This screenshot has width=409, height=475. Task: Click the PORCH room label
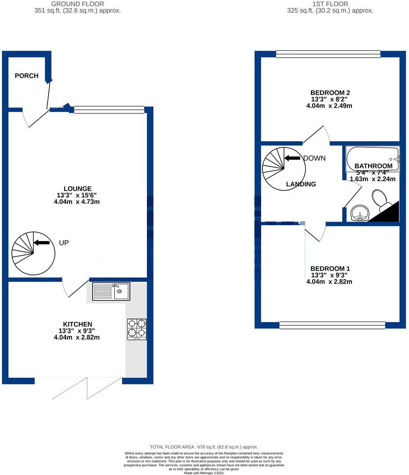tap(26, 76)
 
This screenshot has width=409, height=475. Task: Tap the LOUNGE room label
tap(77, 189)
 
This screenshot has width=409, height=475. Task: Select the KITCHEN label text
tap(77, 324)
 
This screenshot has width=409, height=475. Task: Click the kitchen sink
tap(111, 291)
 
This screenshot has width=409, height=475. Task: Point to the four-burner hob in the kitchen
tap(137, 329)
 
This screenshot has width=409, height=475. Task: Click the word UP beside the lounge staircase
tap(64, 243)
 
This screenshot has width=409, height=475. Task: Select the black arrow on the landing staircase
tap(292, 158)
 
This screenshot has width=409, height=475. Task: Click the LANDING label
tap(301, 184)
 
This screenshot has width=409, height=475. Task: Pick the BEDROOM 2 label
tap(330, 93)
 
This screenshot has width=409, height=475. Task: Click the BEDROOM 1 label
tap(330, 269)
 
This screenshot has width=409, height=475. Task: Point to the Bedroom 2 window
tap(328, 54)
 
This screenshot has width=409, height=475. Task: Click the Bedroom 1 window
tap(332, 325)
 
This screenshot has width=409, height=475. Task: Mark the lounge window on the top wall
tap(109, 110)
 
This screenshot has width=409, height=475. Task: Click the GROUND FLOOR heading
tap(77, 4)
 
